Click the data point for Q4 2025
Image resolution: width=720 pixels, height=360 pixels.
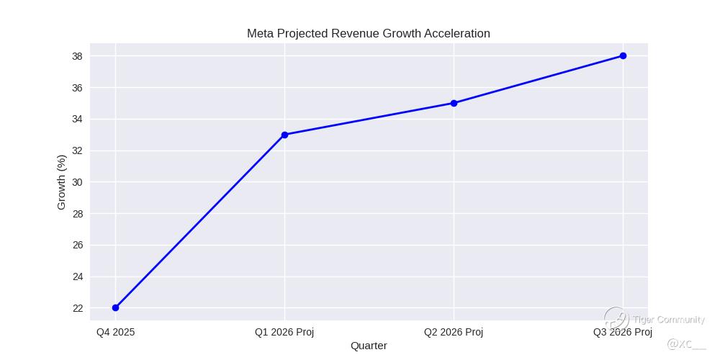pyautogui.click(x=116, y=307)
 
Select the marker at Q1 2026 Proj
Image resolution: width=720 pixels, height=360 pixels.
pyautogui.click(x=284, y=135)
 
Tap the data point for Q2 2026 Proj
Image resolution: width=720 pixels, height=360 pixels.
pyautogui.click(x=454, y=103)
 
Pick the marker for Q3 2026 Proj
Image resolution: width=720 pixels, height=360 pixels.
pyautogui.click(x=623, y=55)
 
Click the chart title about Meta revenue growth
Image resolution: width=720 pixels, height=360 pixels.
pyautogui.click(x=368, y=33)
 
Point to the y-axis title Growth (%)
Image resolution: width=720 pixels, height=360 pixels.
pyautogui.click(x=61, y=182)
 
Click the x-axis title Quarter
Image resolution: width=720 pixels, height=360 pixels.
pyautogui.click(x=369, y=346)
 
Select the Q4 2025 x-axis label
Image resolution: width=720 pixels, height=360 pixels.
pyautogui.click(x=116, y=332)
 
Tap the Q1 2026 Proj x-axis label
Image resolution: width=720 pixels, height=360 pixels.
pyautogui.click(x=284, y=332)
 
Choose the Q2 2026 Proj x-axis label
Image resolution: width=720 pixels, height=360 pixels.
pyautogui.click(x=454, y=332)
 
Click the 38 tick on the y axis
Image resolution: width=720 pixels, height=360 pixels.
pyautogui.click(x=77, y=56)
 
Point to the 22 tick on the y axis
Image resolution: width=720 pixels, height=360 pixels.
pyautogui.click(x=77, y=308)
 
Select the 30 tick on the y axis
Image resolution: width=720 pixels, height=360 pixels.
pyautogui.click(x=77, y=182)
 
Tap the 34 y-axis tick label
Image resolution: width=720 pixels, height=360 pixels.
pyautogui.click(x=77, y=119)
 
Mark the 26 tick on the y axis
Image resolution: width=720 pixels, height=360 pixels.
pyautogui.click(x=77, y=245)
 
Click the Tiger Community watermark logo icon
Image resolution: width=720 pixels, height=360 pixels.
pyautogui.click(x=616, y=319)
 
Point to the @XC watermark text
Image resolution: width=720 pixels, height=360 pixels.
pyautogui.click(x=686, y=344)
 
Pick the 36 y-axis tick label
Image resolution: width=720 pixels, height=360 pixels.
pyautogui.click(x=77, y=88)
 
